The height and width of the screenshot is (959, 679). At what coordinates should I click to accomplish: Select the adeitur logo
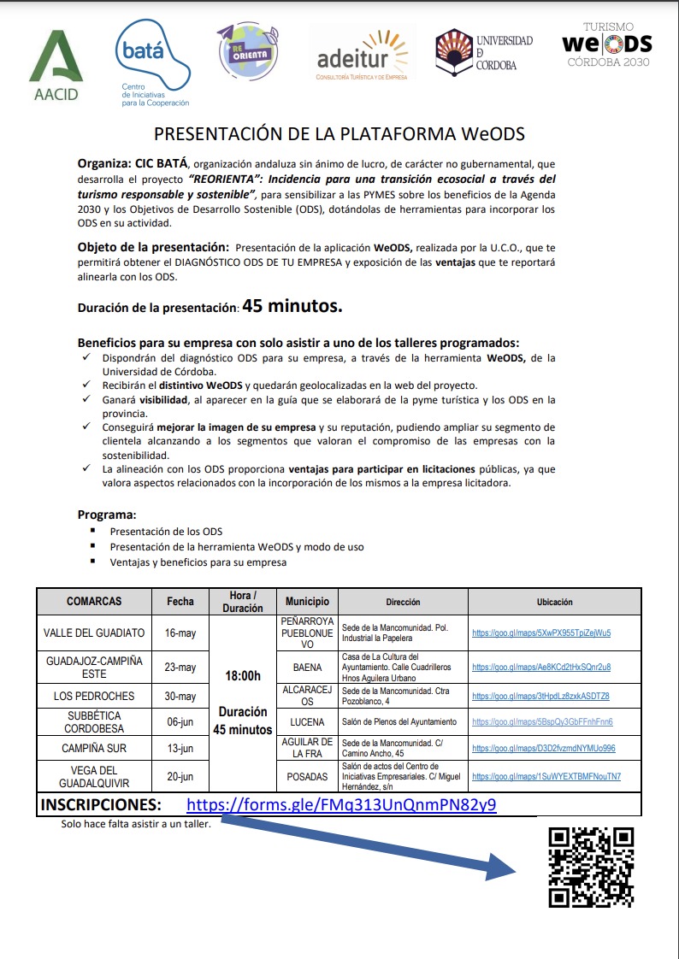point(363,54)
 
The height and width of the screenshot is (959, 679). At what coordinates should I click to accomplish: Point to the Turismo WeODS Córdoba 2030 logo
point(606,44)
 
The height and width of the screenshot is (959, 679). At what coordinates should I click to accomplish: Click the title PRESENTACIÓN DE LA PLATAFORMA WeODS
point(339,134)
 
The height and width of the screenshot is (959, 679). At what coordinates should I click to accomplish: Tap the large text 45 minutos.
point(292,306)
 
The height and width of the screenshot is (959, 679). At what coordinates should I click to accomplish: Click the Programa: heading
point(107,515)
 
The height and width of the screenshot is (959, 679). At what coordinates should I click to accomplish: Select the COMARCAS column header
point(94,602)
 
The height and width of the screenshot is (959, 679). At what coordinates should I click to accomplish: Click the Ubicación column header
point(554,602)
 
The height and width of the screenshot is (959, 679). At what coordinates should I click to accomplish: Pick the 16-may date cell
point(180,633)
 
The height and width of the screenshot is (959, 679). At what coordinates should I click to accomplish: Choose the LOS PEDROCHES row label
point(94,696)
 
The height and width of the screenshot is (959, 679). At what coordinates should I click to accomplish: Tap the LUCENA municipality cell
point(307,721)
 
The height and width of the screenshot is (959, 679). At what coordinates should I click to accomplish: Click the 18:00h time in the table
point(243,675)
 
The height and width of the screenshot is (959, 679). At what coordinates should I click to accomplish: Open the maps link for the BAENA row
point(540,667)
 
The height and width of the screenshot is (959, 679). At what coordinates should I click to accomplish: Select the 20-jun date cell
point(180,776)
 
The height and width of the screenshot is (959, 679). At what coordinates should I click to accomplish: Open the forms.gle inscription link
point(341,805)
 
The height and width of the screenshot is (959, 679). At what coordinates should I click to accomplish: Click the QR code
point(591,867)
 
